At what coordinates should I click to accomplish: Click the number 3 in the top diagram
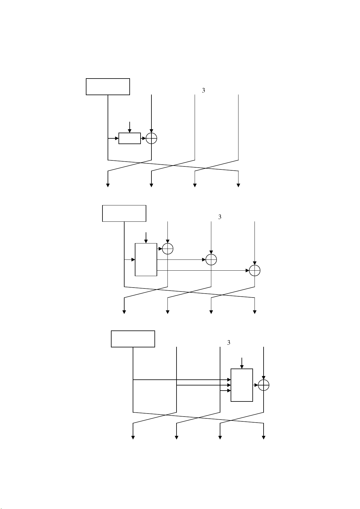pyautogui.click(x=203, y=90)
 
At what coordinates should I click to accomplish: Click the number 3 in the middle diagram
pyautogui.click(x=220, y=217)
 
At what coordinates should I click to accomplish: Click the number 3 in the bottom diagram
pyautogui.click(x=229, y=343)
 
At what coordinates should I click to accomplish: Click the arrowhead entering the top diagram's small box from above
pyautogui.click(x=130, y=131)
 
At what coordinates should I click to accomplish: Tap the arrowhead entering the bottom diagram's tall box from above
pyautogui.click(x=242, y=367)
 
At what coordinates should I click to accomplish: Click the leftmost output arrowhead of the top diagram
pyautogui.click(x=108, y=185)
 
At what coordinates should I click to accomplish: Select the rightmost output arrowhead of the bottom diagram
pyautogui.click(x=264, y=438)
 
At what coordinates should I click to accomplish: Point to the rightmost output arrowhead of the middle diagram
pyautogui.click(x=255, y=312)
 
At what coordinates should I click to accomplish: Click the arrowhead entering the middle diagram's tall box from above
pyautogui.click(x=146, y=241)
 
